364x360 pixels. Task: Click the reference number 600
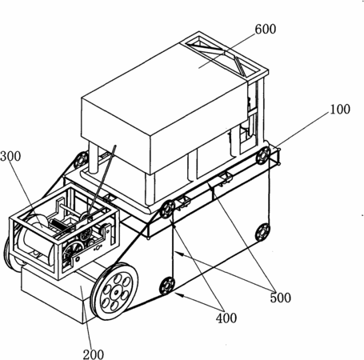[266, 29]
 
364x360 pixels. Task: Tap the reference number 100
[340, 110]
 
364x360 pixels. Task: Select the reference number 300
[10, 156]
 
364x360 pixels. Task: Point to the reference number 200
[94, 354]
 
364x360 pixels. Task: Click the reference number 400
[226, 318]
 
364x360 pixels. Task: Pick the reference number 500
[280, 298]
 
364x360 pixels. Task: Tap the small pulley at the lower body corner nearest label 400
[167, 286]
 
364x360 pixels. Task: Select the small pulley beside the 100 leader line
[263, 155]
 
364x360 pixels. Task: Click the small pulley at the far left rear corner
[81, 159]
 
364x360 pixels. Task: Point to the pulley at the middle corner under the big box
[167, 210]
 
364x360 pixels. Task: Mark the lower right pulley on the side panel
[262, 232]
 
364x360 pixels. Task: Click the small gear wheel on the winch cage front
[86, 234]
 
